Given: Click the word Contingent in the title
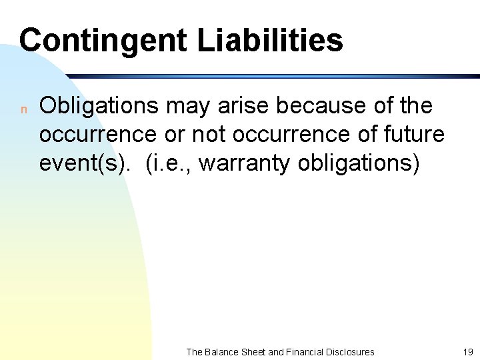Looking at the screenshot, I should [103, 40].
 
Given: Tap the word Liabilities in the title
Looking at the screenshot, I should [270, 40].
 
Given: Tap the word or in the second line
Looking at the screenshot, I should [176, 135].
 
